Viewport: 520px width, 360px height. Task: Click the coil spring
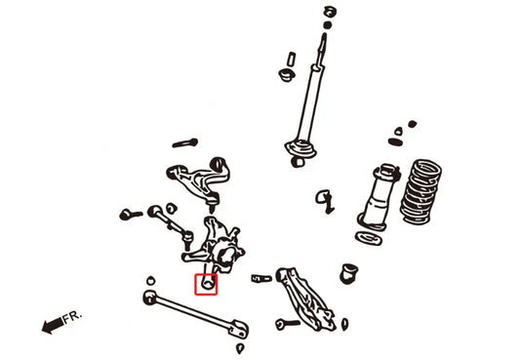coord(420,192)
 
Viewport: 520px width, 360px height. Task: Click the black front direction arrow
coord(53,325)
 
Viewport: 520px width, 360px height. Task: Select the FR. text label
coord(72,317)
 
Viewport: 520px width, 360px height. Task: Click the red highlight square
coord(206,285)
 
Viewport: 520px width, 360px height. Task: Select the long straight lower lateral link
coord(196,313)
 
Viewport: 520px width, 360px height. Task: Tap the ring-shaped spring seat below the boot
coord(369,238)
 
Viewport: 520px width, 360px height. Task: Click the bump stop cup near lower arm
coord(349,273)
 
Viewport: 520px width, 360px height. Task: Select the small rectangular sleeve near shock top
coord(292,59)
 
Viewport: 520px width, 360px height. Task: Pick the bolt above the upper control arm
coord(185,143)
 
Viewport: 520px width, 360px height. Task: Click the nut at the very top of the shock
coord(329,13)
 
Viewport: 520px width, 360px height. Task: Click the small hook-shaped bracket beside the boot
coord(325,201)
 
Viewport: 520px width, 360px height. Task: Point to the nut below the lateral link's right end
coord(240,348)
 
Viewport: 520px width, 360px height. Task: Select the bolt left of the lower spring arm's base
coord(287,324)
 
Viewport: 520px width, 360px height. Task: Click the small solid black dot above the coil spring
coord(413,124)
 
